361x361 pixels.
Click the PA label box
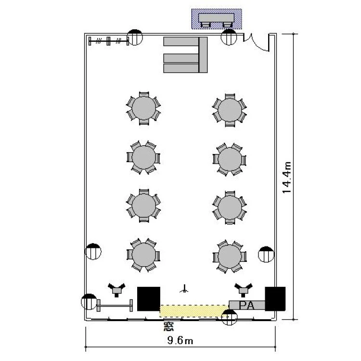tap(247, 305)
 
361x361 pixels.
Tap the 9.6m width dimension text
tap(180, 340)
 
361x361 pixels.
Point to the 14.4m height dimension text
tap(287, 178)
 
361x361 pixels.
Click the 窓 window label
tap(169, 326)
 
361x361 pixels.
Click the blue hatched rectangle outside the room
tap(217, 19)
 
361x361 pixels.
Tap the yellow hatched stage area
tap(194, 311)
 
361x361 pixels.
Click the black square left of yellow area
tap(149, 299)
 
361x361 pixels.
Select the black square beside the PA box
tap(275, 299)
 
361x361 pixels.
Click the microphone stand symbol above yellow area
tap(184, 289)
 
